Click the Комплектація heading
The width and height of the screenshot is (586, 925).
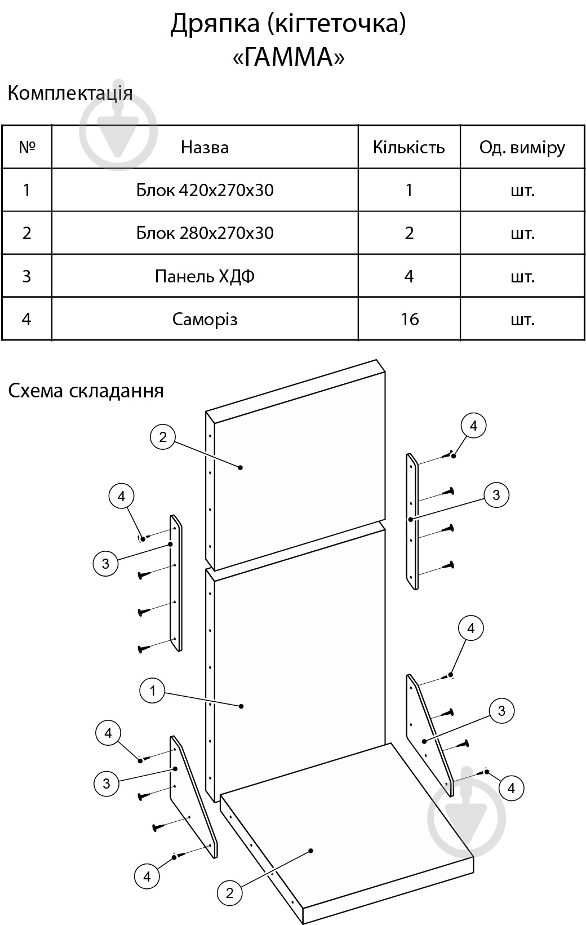pos(70,93)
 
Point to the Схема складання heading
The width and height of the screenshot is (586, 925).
pos(86,391)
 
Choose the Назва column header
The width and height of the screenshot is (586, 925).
pos(205,148)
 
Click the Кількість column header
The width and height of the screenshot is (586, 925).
pos(409,148)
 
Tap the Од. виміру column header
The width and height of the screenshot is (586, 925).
pos(522,148)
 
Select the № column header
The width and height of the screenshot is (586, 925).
pos(27,148)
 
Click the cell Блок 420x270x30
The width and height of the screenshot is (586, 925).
pos(205,190)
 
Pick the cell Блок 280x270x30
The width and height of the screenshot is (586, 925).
pos(205,233)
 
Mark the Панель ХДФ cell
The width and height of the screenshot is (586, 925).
pos(205,276)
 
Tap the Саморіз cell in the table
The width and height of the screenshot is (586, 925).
pos(205,320)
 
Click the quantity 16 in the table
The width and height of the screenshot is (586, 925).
pos(410,320)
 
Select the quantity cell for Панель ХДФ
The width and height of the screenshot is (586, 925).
pos(409,276)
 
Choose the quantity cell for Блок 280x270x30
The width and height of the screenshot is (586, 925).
pos(409,233)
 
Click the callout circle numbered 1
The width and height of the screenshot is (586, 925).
pos(152,690)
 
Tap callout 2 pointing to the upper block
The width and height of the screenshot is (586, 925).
pos(163,437)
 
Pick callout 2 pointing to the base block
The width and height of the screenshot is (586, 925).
pos(229,892)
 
